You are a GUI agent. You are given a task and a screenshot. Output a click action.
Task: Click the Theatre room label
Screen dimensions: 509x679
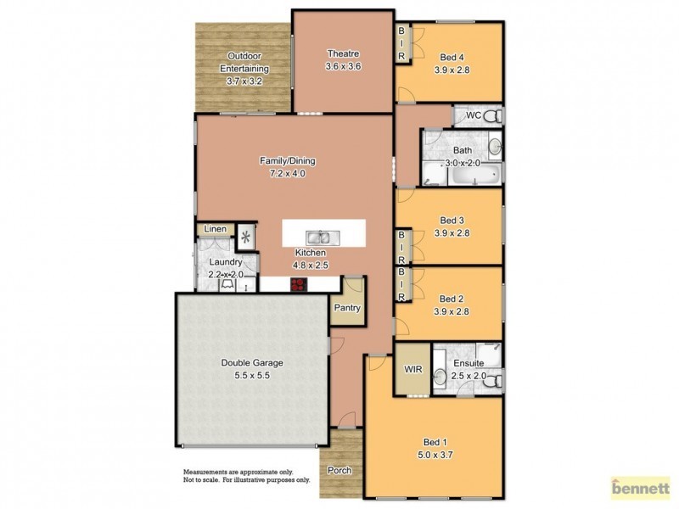click(344, 53)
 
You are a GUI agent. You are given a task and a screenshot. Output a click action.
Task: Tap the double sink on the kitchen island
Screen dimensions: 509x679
click(321, 238)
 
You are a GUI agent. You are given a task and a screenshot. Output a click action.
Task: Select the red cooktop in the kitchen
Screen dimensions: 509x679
click(298, 285)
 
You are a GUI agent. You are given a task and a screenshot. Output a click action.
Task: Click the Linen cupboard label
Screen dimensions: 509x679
click(216, 230)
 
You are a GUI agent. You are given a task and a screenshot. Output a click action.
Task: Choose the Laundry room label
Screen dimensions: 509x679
click(226, 263)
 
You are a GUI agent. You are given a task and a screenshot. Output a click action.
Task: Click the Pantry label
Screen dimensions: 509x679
click(348, 308)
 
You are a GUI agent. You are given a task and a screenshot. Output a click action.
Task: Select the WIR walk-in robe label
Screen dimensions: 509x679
click(412, 370)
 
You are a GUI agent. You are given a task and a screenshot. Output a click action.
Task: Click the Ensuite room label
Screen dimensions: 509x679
click(469, 363)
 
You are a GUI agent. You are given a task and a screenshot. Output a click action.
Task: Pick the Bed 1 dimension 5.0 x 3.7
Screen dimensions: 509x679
click(434, 455)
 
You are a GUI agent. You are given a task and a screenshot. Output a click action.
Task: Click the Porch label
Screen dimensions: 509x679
click(339, 471)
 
